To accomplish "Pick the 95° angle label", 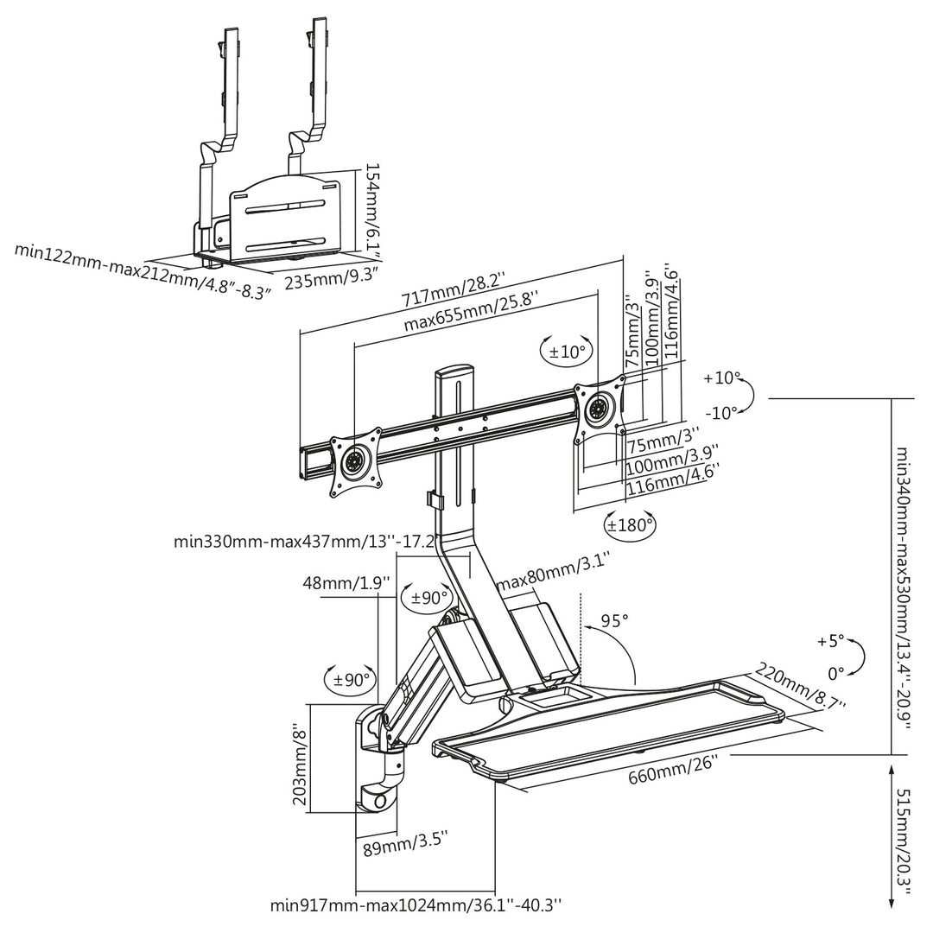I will [614, 620].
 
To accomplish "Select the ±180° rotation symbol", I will [630, 524].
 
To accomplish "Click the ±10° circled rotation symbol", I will [568, 352].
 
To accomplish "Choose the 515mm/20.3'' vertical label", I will [904, 836].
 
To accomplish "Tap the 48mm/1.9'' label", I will [346, 582].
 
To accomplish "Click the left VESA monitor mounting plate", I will [355, 461].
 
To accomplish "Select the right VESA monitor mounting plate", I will [598, 407].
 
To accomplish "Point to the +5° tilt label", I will [829, 641].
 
